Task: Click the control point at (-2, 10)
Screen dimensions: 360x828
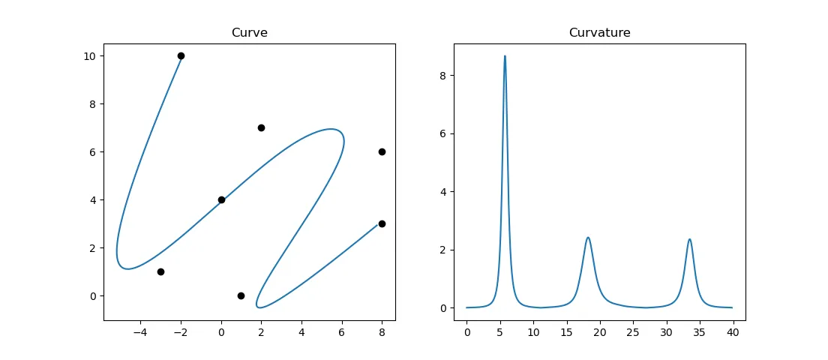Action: (181, 55)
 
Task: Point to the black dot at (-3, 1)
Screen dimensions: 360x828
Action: (160, 271)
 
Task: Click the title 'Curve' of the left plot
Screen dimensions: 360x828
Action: (250, 33)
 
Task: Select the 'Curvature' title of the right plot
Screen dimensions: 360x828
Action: (599, 33)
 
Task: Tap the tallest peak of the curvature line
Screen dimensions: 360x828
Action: (505, 56)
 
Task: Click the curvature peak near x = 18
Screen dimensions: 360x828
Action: (588, 238)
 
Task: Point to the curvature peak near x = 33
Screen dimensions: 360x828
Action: (689, 239)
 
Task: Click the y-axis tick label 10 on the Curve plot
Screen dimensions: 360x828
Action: (89, 56)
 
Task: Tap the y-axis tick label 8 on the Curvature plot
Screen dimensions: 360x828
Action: (443, 76)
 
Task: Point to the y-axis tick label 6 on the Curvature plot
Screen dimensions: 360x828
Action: (443, 133)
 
